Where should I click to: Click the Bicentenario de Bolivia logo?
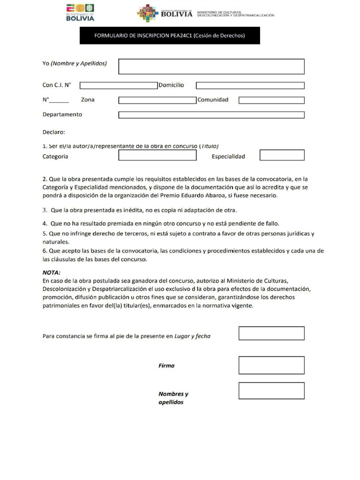point(80,13)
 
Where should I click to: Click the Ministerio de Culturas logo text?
point(235,14)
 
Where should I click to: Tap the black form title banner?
point(170,36)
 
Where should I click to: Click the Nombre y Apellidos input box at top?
point(211,66)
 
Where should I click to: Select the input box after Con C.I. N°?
point(119,85)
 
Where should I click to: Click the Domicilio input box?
point(250,85)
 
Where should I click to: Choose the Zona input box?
point(157,100)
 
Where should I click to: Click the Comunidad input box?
point(271,100)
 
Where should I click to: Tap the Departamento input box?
point(211,115)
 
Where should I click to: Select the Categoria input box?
point(157,155)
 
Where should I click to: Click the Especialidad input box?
point(282,155)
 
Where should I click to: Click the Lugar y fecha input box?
point(271,333)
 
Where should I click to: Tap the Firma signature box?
point(271,365)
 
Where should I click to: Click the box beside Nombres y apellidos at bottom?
point(271,390)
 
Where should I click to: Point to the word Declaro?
point(53,132)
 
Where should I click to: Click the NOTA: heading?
point(52,272)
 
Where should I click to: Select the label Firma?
point(166,366)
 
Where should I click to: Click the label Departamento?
point(62,114)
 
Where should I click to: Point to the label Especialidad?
point(228,157)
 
